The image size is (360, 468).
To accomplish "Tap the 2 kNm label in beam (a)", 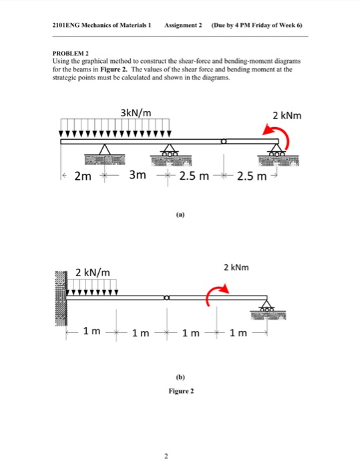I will (288, 116).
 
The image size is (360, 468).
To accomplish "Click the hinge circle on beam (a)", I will (225, 141).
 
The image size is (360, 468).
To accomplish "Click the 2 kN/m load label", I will (94, 271).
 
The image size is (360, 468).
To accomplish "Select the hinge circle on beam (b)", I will (165, 297).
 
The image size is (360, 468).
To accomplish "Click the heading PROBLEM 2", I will (71, 53).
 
